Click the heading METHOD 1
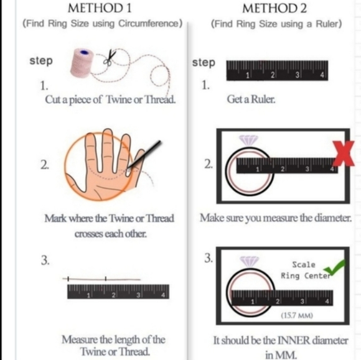[x=100, y=8]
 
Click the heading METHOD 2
[x=274, y=8]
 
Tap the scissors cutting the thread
[x=110, y=57]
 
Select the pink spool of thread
[x=82, y=62]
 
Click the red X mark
[x=344, y=154]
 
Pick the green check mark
[x=334, y=267]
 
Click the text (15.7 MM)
[x=297, y=315]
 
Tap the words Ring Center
[x=306, y=275]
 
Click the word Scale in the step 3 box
[x=304, y=264]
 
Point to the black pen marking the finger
[x=144, y=155]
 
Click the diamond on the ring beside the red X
[x=248, y=140]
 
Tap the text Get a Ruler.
[x=251, y=99]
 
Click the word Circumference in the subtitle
[x=149, y=24]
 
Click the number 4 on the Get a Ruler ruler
[x=322, y=75]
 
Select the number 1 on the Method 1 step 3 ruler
[x=88, y=295]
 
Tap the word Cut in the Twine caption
[x=52, y=99]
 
